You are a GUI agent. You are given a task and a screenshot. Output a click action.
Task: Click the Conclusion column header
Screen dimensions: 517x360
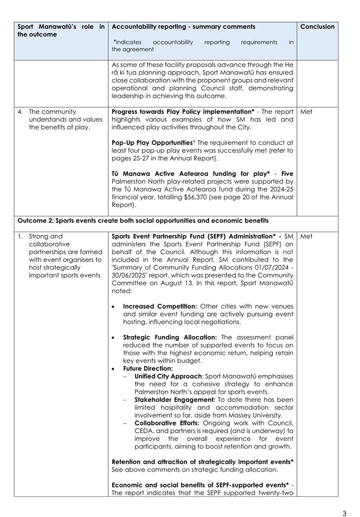click(x=317, y=26)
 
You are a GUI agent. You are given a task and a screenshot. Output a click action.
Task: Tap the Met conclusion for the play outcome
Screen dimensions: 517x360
click(x=306, y=112)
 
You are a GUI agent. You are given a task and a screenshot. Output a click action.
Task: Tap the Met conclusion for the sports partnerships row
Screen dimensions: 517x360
click(x=306, y=236)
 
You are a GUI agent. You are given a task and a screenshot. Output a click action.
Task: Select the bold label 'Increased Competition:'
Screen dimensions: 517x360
click(x=159, y=307)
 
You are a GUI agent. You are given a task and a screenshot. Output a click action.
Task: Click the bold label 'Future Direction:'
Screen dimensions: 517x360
click(x=148, y=368)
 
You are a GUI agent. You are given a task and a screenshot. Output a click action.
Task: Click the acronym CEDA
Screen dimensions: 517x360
click(x=145, y=430)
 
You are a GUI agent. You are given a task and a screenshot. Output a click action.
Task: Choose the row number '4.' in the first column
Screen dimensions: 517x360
click(x=20, y=112)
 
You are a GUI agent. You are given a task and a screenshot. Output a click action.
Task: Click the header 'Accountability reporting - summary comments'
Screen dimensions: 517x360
click(x=184, y=26)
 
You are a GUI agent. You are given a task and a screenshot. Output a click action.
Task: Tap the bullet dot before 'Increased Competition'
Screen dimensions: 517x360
click(x=114, y=307)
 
